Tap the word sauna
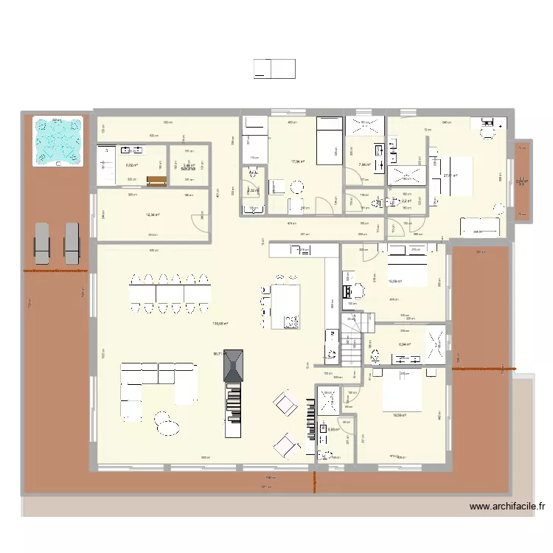click(x=187, y=168)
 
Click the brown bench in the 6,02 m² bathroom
click(x=156, y=181)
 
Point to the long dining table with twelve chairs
click(x=169, y=293)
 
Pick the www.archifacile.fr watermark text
click(x=508, y=507)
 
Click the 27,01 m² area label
click(x=450, y=175)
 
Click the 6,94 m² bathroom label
click(x=404, y=344)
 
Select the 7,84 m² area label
click(x=364, y=164)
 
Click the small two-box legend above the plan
click(x=274, y=69)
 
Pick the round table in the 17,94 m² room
click(x=296, y=187)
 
